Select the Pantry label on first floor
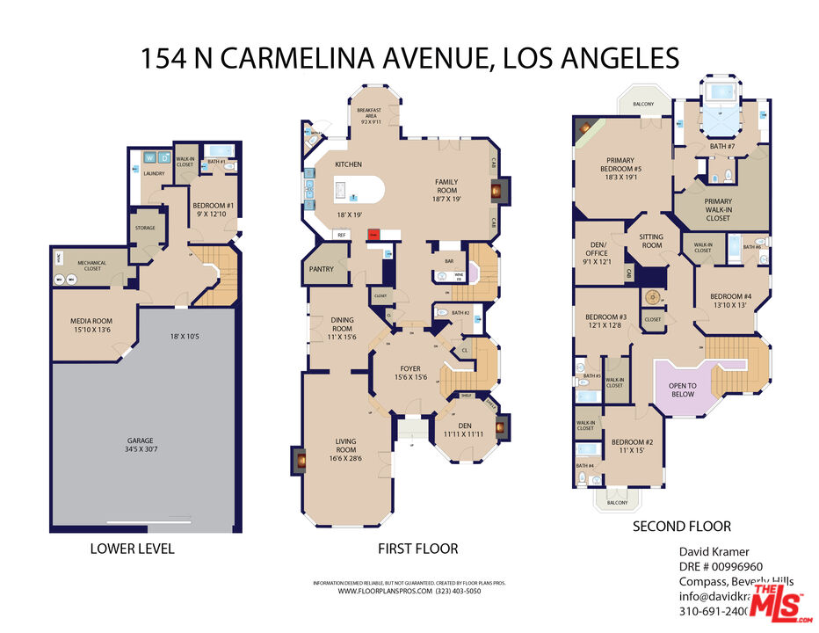pyautogui.click(x=321, y=269)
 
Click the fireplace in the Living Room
pyautogui.click(x=299, y=459)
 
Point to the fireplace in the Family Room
pyautogui.click(x=496, y=188)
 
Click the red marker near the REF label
pyautogui.click(x=373, y=235)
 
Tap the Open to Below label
pyautogui.click(x=682, y=389)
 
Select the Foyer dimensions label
pyautogui.click(x=409, y=377)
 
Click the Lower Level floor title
pyautogui.click(x=132, y=549)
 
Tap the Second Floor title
pyautogui.click(x=682, y=527)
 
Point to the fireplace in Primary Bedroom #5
pyautogui.click(x=583, y=129)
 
